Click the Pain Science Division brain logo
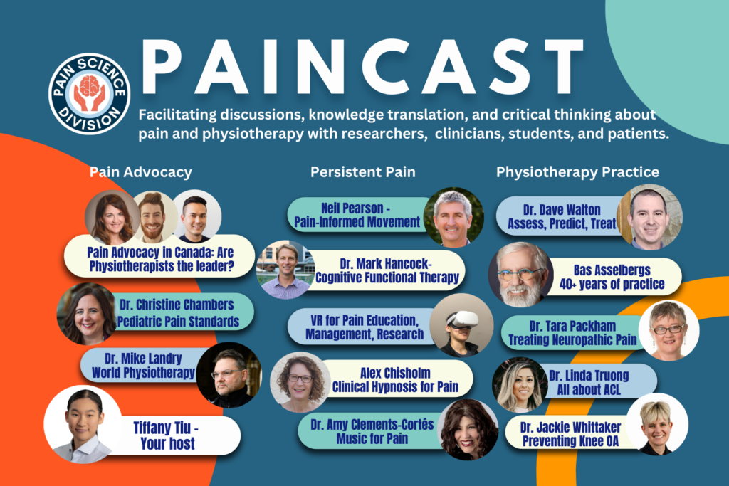click(89, 93)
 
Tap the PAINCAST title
click(362, 68)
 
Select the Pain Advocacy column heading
click(141, 172)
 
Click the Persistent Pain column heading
click(363, 172)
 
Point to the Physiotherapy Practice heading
click(577, 172)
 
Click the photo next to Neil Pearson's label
click(453, 217)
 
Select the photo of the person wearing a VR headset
click(461, 325)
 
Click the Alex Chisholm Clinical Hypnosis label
click(395, 379)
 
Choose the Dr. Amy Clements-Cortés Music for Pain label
click(372, 431)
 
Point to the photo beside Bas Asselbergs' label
click(520, 275)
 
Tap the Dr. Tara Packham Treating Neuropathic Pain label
click(572, 333)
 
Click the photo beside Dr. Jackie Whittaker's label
click(657, 424)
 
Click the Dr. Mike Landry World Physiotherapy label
click(143, 366)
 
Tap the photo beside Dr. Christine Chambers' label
click(87, 314)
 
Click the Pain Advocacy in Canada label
click(159, 258)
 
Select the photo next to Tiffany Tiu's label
click(83, 424)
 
